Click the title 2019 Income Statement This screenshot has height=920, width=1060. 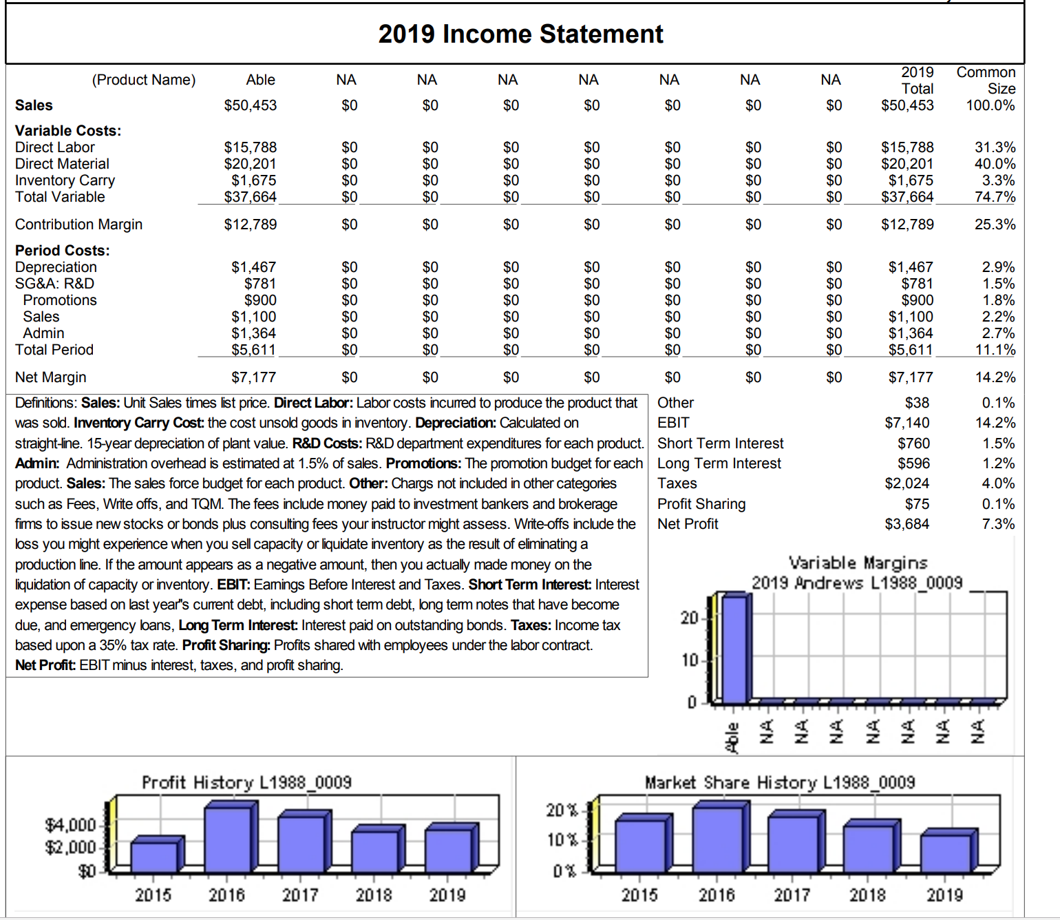pos(520,34)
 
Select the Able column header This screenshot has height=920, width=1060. pos(260,80)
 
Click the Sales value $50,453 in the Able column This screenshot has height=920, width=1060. pos(251,105)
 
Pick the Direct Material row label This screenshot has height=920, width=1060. pos(62,164)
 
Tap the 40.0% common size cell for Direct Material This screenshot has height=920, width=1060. pos(995,164)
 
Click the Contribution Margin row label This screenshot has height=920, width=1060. pos(78,224)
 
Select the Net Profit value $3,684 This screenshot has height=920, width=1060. pos(907,524)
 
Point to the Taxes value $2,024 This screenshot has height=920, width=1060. pos(907,483)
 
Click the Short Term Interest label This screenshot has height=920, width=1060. pos(720,443)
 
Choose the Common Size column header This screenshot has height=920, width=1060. pos(986,81)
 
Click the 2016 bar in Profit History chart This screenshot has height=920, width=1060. pos(228,839)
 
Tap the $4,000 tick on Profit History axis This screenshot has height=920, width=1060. pos(70,825)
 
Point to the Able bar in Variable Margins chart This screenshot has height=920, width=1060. pos(733,647)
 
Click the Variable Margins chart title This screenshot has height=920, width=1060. pos(858,563)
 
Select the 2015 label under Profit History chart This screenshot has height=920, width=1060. pos(153,895)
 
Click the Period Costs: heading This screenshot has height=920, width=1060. pos(63,251)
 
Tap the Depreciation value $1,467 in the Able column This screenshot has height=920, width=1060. pos(253,267)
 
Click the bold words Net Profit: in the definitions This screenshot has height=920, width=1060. pos(45,665)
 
